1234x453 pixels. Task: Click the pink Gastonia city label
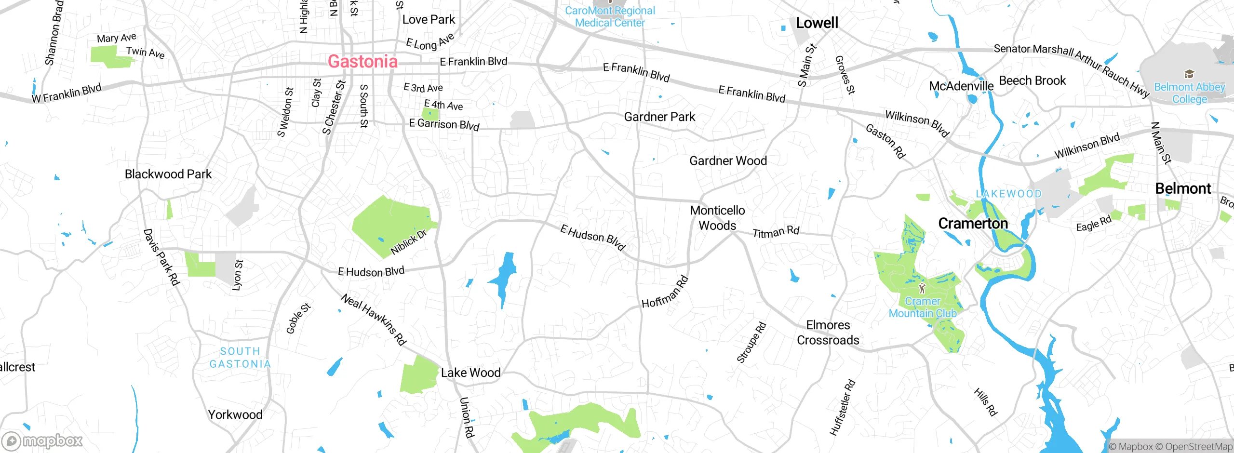click(362, 62)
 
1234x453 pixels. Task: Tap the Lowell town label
click(817, 23)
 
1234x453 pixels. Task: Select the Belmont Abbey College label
click(1189, 93)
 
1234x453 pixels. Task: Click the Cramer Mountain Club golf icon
click(922, 288)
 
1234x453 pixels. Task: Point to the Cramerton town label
click(973, 224)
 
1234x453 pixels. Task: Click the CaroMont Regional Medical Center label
click(610, 17)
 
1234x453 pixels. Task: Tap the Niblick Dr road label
click(408, 242)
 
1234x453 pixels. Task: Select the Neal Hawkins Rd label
click(374, 320)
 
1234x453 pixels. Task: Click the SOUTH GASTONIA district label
click(240, 358)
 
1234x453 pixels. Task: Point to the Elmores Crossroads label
click(828, 333)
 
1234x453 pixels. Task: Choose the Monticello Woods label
click(717, 218)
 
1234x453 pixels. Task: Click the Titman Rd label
click(776, 232)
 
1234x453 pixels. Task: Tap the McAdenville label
click(961, 86)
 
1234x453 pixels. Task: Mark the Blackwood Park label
click(168, 174)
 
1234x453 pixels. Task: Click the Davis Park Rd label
click(161, 257)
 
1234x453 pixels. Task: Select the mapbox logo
click(42, 440)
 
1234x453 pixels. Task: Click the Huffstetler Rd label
click(842, 408)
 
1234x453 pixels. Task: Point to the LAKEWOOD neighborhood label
click(1008, 194)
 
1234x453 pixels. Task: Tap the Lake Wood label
click(470, 373)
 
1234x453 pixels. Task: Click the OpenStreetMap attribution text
click(1198, 447)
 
